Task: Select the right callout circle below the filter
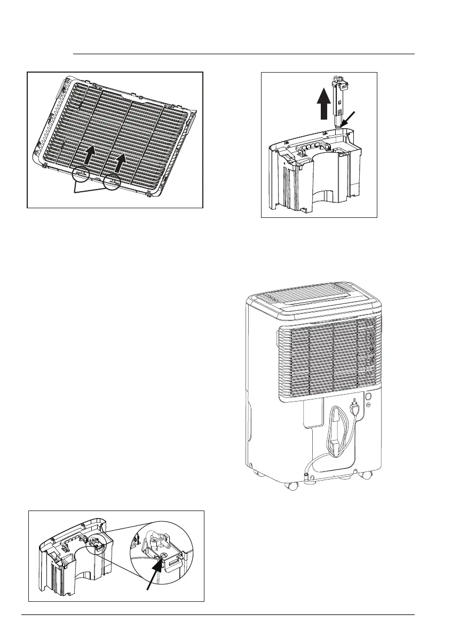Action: click(112, 182)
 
